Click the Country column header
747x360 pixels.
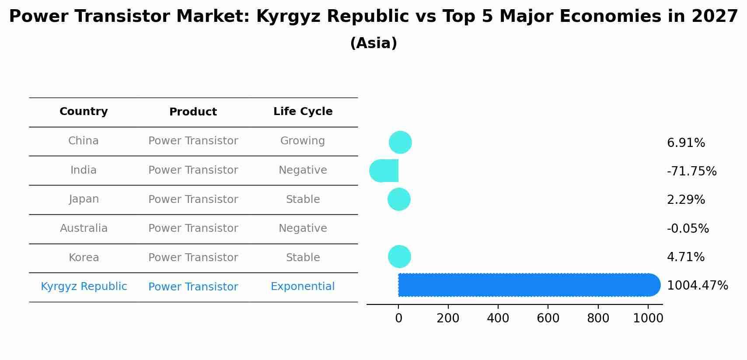tap(84, 112)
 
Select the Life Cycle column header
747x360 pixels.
tap(303, 112)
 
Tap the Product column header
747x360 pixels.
tap(193, 112)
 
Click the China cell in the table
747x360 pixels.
tap(84, 141)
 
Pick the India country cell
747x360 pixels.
tap(84, 170)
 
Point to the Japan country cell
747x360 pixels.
tap(84, 199)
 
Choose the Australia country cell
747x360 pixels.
tap(84, 228)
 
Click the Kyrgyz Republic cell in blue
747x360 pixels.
tap(84, 287)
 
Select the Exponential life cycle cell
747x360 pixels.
tap(303, 287)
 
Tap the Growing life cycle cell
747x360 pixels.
tap(303, 141)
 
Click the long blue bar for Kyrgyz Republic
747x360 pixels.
tap(525, 285)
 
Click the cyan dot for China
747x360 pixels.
tap(400, 143)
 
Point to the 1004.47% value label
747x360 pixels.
tap(697, 286)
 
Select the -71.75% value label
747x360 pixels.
tap(691, 171)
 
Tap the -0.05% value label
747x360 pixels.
tap(688, 229)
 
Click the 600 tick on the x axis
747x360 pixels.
tap(548, 318)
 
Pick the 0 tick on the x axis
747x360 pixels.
tap(398, 318)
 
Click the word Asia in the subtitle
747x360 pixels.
tap(373, 43)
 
